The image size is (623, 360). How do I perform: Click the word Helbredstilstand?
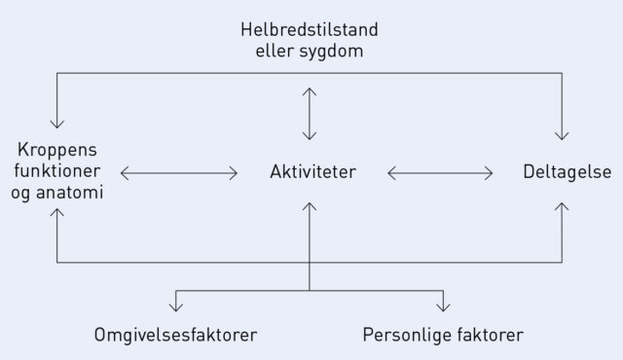click(x=310, y=26)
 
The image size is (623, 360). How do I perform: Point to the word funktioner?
click(x=59, y=172)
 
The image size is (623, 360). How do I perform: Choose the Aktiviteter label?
click(x=312, y=173)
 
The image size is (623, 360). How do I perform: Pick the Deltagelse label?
click(x=567, y=173)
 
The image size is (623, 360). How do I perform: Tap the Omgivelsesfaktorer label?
click(x=176, y=336)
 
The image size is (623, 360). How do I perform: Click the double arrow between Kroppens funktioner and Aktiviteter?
click(x=179, y=173)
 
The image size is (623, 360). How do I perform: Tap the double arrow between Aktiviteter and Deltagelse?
click(x=440, y=173)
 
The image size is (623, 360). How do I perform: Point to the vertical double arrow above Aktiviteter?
click(x=310, y=113)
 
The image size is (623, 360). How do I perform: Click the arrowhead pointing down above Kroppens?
click(x=57, y=125)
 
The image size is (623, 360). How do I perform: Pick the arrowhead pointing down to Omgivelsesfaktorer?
click(x=176, y=306)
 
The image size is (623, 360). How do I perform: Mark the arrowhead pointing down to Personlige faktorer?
click(x=444, y=306)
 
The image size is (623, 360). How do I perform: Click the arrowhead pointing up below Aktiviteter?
click(x=310, y=206)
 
